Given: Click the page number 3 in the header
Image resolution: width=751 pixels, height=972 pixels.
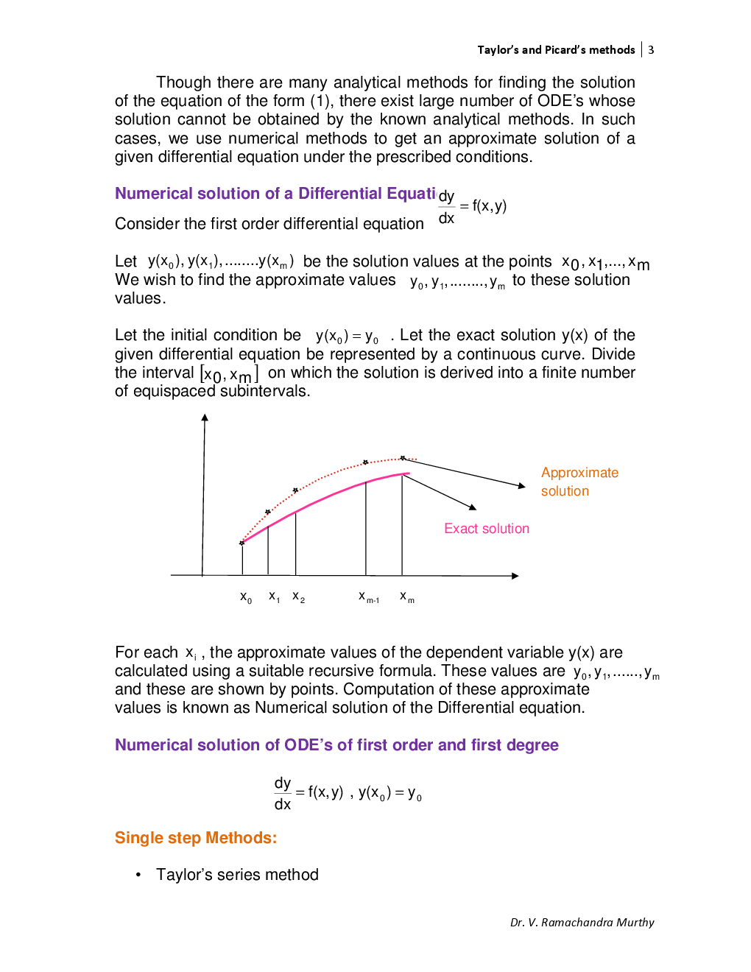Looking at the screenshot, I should [x=651, y=50].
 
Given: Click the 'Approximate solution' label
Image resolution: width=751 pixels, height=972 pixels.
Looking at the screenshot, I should [x=579, y=482].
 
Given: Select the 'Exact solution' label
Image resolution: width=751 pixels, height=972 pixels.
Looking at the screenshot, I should [x=486, y=529].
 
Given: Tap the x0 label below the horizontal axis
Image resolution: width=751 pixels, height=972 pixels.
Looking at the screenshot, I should [x=246, y=597].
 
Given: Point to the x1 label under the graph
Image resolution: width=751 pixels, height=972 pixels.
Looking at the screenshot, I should [x=274, y=596].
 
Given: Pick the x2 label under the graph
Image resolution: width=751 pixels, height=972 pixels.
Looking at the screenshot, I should [x=298, y=596].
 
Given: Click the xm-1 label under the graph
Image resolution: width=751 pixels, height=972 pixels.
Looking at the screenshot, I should [x=369, y=597].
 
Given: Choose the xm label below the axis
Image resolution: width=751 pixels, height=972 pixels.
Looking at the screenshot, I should [x=407, y=597].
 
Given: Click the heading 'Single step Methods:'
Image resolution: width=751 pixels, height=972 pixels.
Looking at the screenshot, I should [x=196, y=838].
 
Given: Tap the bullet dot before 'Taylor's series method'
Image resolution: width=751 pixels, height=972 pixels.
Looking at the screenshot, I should [x=138, y=875].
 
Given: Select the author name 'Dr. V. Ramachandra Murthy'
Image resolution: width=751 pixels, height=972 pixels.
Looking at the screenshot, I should [x=582, y=922].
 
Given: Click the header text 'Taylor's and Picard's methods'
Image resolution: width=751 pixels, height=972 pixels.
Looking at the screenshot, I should [x=556, y=50].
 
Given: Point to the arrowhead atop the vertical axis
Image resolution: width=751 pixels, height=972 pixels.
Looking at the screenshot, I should [x=205, y=418].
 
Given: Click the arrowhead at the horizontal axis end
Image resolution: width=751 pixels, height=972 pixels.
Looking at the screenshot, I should [x=515, y=575].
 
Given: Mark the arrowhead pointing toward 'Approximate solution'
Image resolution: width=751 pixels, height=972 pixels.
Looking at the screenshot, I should [x=521, y=486].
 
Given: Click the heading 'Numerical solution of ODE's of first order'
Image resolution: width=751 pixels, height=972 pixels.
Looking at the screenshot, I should [x=336, y=745].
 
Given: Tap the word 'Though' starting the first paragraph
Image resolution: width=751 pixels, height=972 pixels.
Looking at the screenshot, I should [x=184, y=82].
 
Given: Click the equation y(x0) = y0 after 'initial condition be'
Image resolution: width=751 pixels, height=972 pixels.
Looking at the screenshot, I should [x=347, y=337].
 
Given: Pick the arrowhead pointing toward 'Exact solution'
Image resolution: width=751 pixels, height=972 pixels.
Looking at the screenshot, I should [x=473, y=507].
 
